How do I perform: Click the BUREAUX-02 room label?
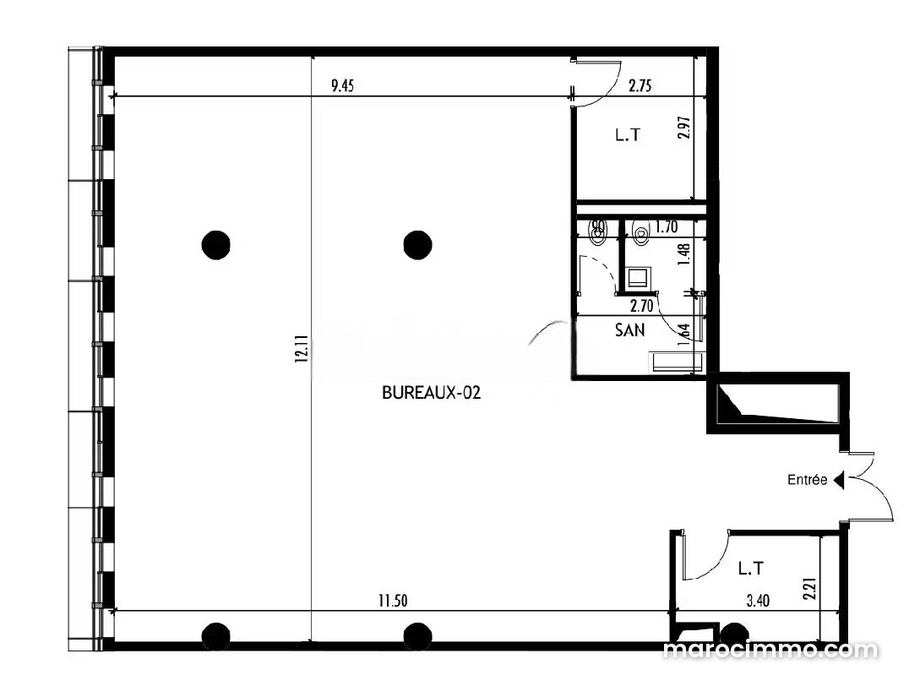pyautogui.click(x=432, y=393)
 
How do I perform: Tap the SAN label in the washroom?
pyautogui.click(x=629, y=330)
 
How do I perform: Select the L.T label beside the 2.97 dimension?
pyautogui.click(x=628, y=135)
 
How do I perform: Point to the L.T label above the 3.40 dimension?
pyautogui.click(x=751, y=569)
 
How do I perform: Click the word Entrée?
pyautogui.click(x=807, y=480)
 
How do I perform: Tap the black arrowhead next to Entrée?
pyautogui.click(x=838, y=481)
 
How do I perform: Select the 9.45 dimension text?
pyautogui.click(x=342, y=86)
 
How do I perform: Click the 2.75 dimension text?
pyautogui.click(x=640, y=86)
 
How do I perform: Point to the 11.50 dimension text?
pyautogui.click(x=393, y=601)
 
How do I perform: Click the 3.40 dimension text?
pyautogui.click(x=758, y=601)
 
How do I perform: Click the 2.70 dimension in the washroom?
pyautogui.click(x=642, y=305)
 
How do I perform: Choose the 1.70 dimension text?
pyautogui.click(x=666, y=227)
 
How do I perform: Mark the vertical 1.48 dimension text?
pyautogui.click(x=684, y=254)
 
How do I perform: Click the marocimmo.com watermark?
pyautogui.click(x=770, y=650)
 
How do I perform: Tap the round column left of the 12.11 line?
pyautogui.click(x=215, y=245)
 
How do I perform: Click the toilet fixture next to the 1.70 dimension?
pyautogui.click(x=640, y=232)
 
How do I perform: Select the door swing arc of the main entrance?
pyautogui.click(x=881, y=487)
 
